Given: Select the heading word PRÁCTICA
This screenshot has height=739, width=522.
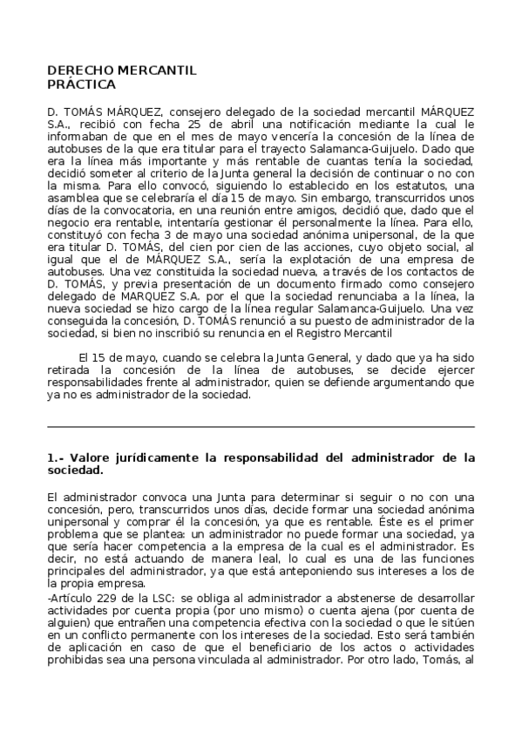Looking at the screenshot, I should (x=81, y=85).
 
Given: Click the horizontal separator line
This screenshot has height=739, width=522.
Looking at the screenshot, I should (x=261, y=427).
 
